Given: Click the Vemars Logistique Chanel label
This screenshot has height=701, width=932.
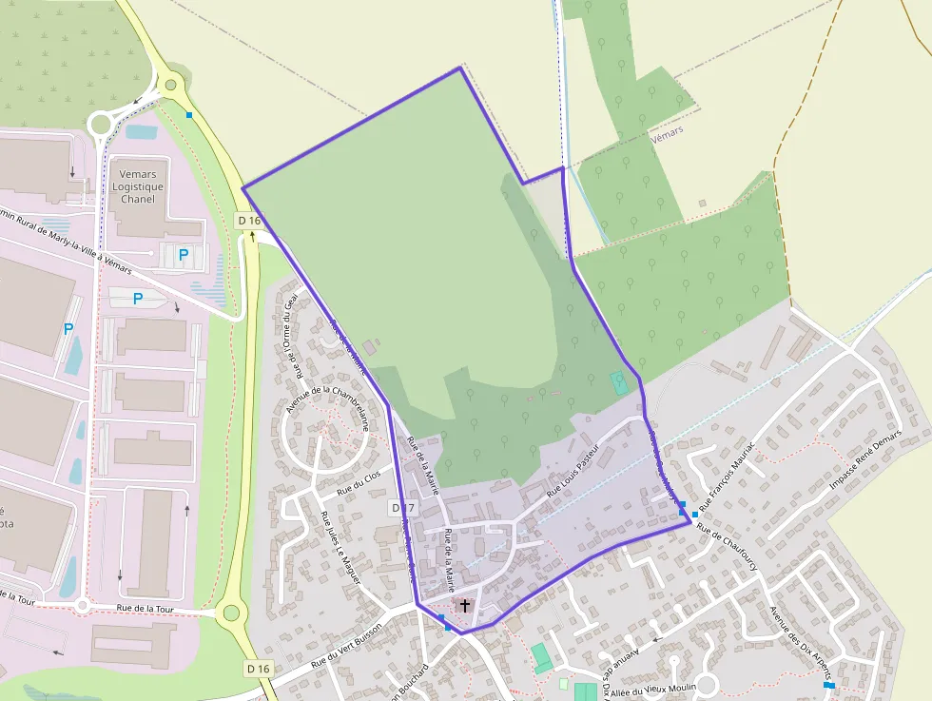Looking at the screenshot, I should pos(138,186).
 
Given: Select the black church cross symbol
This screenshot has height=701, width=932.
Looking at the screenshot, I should pos(464,605).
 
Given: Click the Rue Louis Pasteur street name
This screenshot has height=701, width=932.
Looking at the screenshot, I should pos(574,471).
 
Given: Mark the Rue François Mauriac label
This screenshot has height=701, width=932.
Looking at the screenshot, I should pos(728,474).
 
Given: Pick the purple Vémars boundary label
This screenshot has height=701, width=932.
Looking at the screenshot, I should pos(669,136).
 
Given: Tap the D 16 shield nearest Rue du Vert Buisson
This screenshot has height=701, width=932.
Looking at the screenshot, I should pos(259,669).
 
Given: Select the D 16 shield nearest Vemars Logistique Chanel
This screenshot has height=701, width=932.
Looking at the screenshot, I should pos(249,221).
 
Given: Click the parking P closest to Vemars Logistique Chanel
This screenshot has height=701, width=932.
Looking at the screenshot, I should pos(184,255).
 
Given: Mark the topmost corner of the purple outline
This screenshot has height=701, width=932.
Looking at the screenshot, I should pos(460,68).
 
